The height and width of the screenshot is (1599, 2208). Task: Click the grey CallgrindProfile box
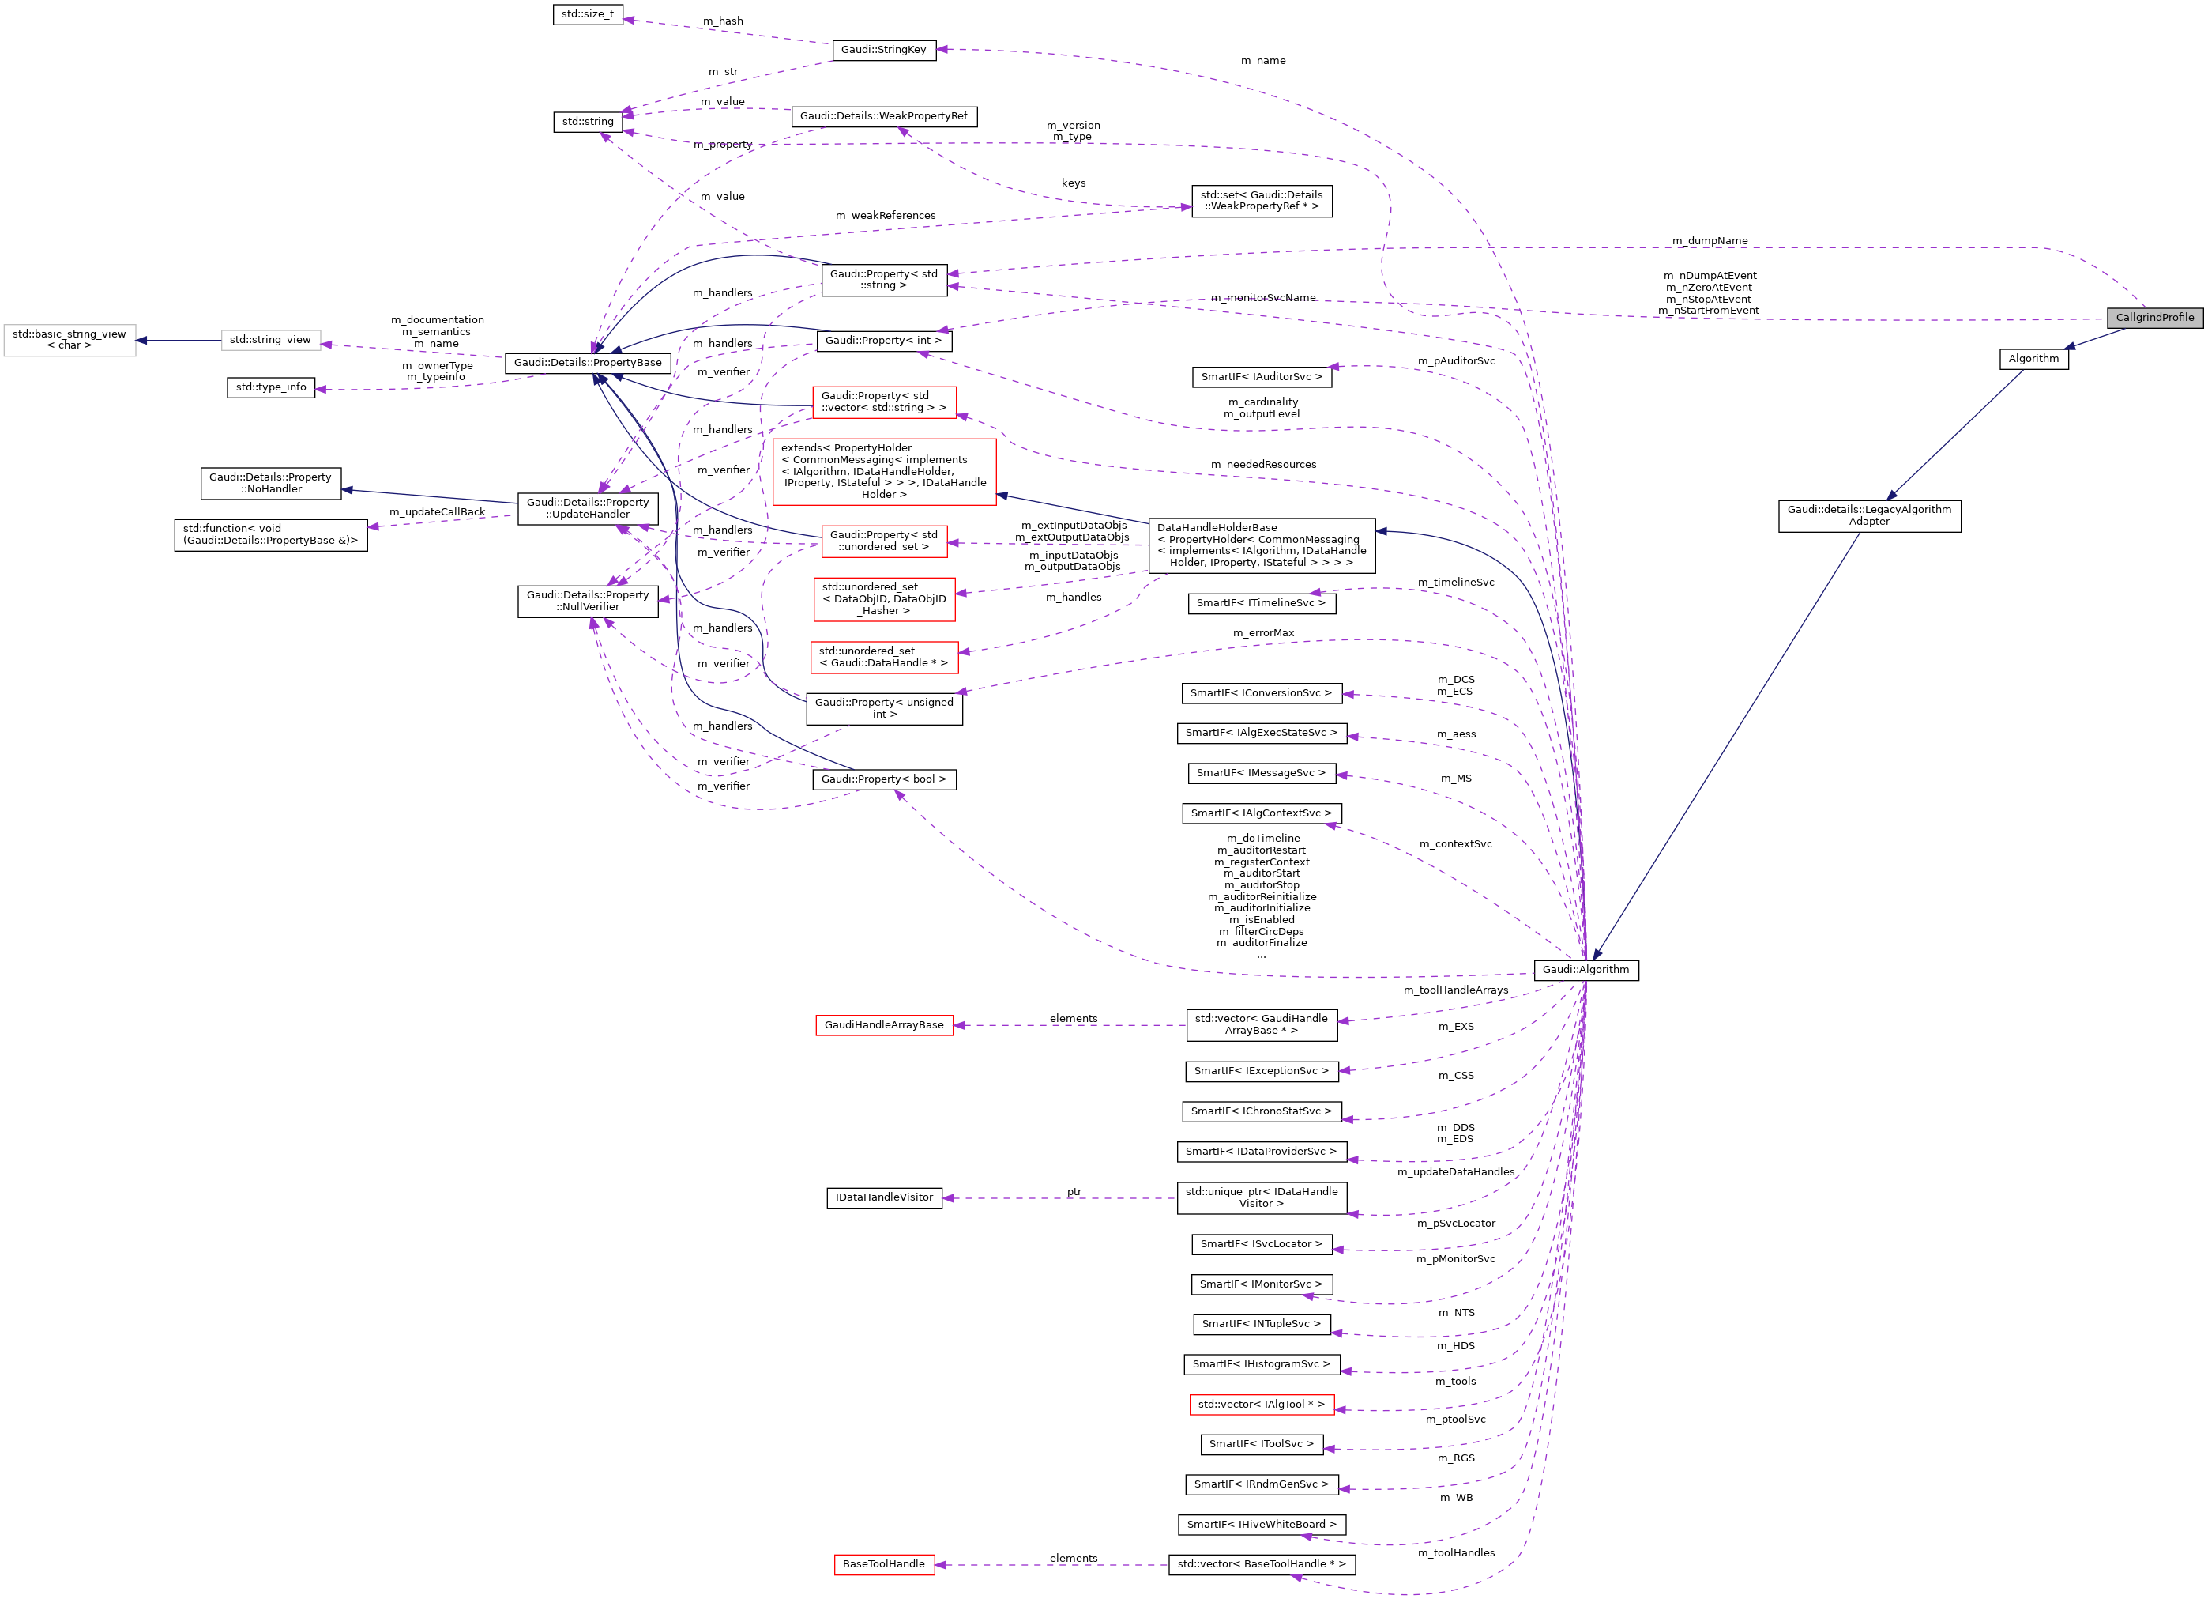point(2153,318)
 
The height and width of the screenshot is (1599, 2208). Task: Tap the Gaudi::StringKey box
point(883,50)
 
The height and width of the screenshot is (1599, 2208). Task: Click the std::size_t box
point(587,14)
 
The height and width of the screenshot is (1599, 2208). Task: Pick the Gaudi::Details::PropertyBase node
point(587,362)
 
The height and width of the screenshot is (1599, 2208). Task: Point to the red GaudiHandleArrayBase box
point(883,1025)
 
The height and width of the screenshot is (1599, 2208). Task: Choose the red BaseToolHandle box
point(883,1564)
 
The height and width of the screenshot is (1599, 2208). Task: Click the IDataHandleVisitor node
point(883,1197)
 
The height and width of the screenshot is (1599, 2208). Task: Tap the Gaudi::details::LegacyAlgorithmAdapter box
point(1868,515)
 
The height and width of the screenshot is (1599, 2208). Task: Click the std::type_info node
point(271,387)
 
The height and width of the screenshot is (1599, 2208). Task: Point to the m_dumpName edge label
point(1710,240)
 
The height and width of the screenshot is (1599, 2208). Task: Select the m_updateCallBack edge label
point(436,512)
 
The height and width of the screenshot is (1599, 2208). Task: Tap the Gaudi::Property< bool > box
point(883,780)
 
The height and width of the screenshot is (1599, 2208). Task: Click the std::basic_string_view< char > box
point(69,340)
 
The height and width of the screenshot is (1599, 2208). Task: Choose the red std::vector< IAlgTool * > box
point(1261,1405)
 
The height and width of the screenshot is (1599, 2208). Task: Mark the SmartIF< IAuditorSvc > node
point(1261,377)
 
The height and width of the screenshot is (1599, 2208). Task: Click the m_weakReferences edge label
point(885,215)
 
